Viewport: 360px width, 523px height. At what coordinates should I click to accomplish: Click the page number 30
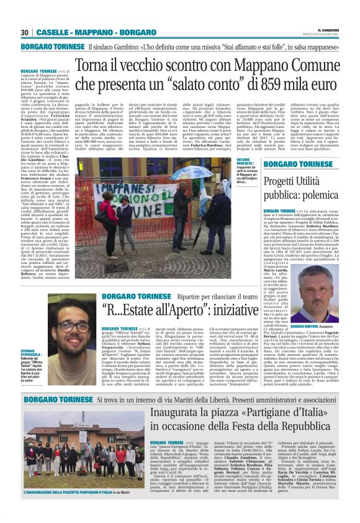pos(25,32)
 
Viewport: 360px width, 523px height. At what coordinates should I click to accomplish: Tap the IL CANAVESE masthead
pos(328,30)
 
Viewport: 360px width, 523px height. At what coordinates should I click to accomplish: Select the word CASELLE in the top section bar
pos(53,32)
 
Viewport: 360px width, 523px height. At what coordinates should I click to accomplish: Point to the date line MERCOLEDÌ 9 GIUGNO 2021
pos(326,35)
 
